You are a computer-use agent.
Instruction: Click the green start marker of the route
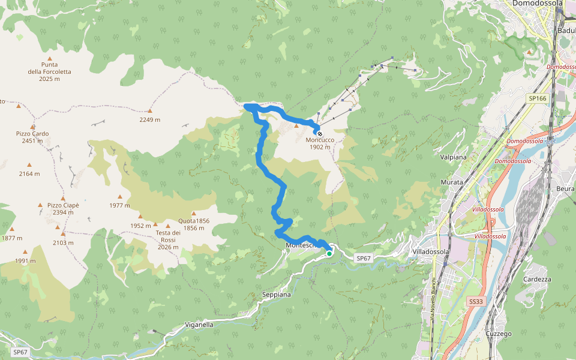click(329, 254)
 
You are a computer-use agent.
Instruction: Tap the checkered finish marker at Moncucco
click(320, 134)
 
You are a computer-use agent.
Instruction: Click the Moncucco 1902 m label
click(320, 143)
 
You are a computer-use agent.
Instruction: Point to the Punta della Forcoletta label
click(49, 71)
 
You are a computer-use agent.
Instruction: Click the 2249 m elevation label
click(150, 119)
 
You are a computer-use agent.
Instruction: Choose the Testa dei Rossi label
click(168, 236)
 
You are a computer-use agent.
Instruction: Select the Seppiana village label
click(277, 295)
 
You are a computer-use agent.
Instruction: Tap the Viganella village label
click(199, 325)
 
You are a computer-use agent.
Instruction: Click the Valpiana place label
click(453, 157)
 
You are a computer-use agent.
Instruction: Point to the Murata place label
click(452, 182)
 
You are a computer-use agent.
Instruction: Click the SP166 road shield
click(538, 98)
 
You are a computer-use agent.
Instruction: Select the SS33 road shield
click(476, 301)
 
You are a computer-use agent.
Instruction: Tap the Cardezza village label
click(537, 280)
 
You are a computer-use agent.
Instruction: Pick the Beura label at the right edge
click(566, 188)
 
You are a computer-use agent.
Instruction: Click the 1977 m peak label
click(120, 205)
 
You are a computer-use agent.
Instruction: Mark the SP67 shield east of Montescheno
click(364, 258)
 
